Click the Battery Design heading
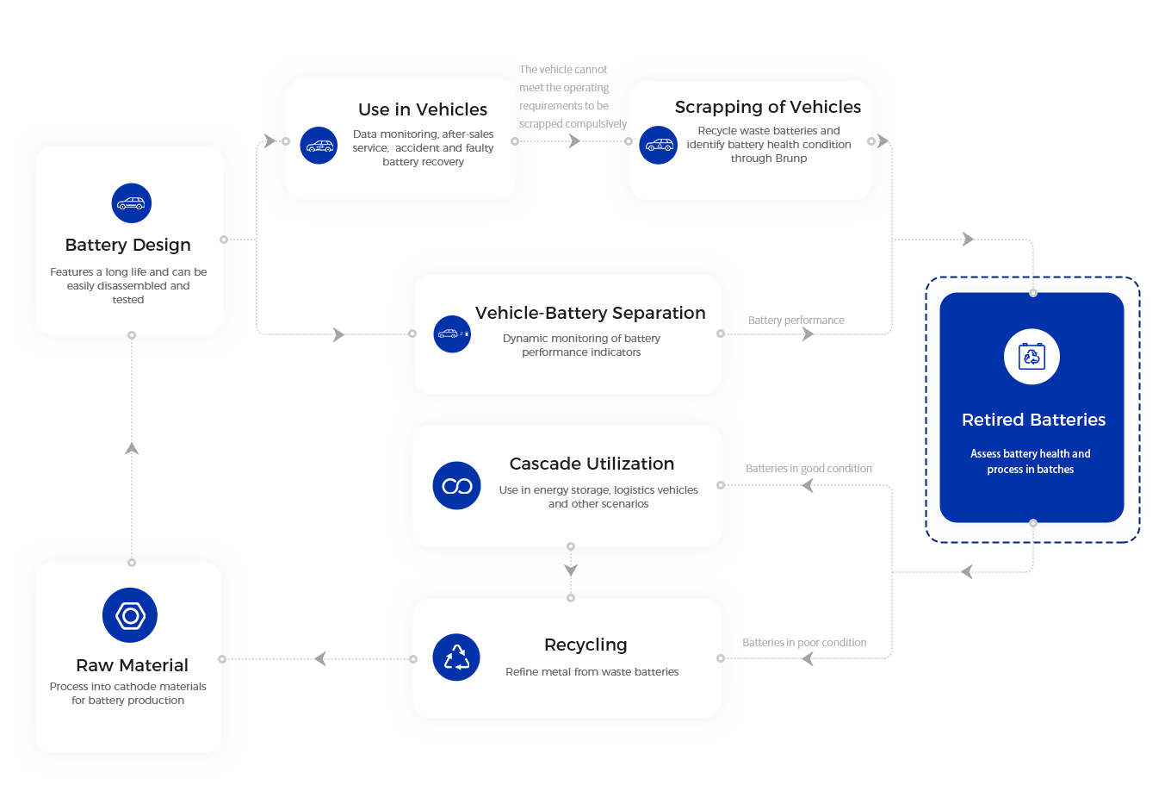point(128,245)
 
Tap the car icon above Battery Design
point(132,203)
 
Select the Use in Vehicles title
point(423,109)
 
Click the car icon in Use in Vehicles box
point(319,146)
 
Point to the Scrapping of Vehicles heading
point(768,107)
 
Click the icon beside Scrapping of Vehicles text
point(659,145)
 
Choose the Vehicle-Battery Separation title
point(591,313)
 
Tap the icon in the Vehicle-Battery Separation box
point(452,333)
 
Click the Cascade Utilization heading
point(592,464)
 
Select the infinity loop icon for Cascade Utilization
point(456,486)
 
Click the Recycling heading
point(585,645)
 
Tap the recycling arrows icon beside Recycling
point(456,657)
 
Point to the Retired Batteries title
point(1033,420)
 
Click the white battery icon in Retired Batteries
point(1032,356)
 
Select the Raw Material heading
point(132,665)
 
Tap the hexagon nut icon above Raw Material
point(130,615)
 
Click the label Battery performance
point(796,321)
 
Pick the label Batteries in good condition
point(809,469)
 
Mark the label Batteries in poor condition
point(805,643)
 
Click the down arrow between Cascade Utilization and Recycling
point(571,570)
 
